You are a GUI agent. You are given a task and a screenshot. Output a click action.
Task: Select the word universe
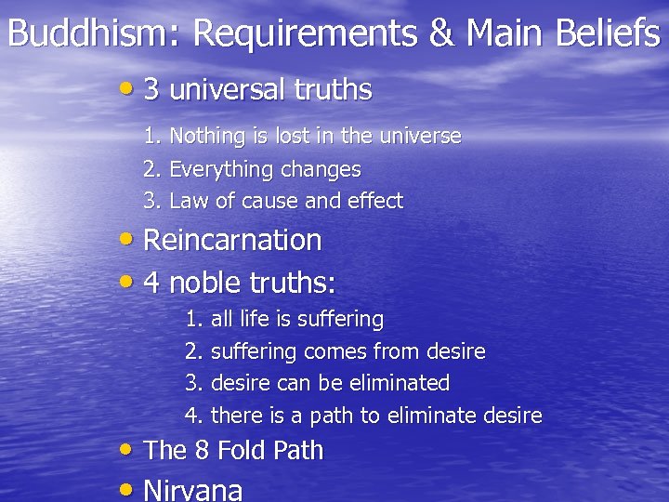pyautogui.click(x=419, y=137)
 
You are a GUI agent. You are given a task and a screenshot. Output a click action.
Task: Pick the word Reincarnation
pyautogui.click(x=232, y=240)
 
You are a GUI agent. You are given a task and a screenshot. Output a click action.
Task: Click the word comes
pyautogui.click(x=334, y=351)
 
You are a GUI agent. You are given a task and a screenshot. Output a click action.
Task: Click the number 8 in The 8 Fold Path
pyautogui.click(x=202, y=451)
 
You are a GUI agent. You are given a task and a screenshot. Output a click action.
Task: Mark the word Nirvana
pyautogui.click(x=193, y=489)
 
